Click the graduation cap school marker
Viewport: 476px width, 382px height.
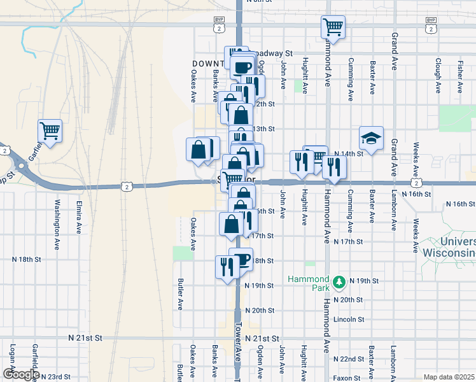(371, 138)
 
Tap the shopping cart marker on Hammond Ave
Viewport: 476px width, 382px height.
(333, 27)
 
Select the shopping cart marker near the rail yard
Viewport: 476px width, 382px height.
(50, 131)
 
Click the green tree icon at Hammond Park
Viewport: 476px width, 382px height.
(340, 280)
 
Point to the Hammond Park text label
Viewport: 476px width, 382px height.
(308, 279)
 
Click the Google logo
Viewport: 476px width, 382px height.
(20, 374)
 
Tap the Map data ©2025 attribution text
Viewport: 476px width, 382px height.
(449, 377)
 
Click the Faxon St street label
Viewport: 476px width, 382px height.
(347, 378)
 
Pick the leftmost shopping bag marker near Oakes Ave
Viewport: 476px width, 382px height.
(199, 150)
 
